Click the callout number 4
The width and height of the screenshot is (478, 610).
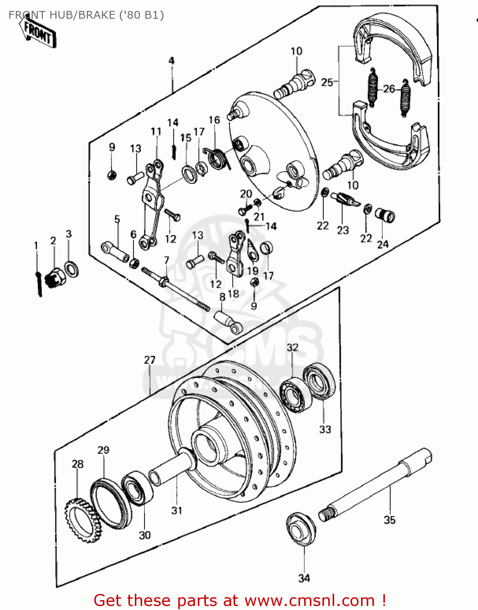(171, 61)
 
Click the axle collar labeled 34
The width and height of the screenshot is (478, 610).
(301, 528)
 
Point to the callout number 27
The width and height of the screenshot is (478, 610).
(149, 360)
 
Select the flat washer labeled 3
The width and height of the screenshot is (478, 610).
(72, 269)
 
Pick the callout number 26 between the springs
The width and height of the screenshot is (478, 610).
(389, 89)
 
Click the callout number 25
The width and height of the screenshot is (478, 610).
(327, 82)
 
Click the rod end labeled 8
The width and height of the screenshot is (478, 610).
(228, 321)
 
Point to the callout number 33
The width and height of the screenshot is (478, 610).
(325, 429)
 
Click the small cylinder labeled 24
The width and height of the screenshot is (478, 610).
(384, 215)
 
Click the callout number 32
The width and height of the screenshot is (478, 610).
(292, 347)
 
